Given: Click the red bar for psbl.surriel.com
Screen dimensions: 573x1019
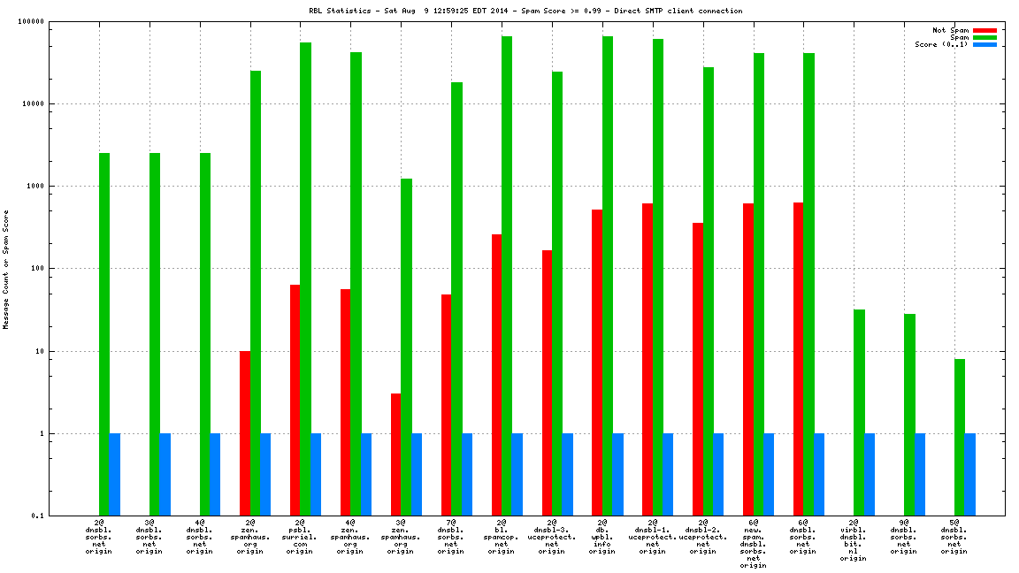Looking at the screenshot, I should coord(295,400).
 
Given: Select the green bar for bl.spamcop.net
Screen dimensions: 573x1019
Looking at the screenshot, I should coord(507,276).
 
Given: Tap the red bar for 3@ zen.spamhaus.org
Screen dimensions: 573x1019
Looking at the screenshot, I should coord(395,455).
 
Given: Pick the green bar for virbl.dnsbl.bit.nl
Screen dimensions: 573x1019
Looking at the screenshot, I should coord(860,412).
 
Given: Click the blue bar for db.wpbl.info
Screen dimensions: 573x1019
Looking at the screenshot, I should coord(617,474).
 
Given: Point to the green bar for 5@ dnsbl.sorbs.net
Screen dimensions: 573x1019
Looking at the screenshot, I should coord(960,437).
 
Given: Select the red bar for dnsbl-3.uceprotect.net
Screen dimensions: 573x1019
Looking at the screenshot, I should coord(547,382).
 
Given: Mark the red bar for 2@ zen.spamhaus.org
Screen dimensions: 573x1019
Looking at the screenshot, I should coord(244,433).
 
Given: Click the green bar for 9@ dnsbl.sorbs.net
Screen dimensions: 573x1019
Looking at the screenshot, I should coord(909,414).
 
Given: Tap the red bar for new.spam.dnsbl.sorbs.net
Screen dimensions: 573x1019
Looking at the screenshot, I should coord(748,359).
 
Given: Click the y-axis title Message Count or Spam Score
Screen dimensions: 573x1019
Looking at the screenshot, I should coord(6,269).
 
